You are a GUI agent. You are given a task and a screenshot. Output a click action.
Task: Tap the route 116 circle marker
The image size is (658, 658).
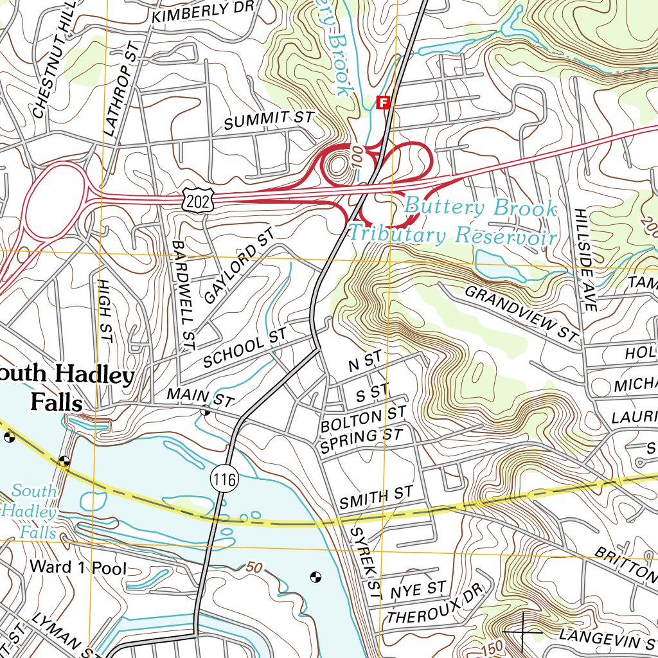pos(223,478)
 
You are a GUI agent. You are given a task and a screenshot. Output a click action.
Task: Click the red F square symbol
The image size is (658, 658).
pos(384,102)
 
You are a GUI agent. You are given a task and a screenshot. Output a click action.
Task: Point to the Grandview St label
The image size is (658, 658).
pos(521,313)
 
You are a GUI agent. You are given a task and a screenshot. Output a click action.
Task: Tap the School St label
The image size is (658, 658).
pos(244,348)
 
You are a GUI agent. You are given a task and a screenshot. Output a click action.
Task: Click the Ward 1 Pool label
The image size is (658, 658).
pos(78,567)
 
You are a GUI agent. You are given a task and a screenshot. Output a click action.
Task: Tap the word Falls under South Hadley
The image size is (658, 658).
pos(57,404)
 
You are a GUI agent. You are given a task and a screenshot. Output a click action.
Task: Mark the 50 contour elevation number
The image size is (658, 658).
pos(254,567)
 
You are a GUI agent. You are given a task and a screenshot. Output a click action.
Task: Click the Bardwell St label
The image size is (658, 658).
pos(182,295)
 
